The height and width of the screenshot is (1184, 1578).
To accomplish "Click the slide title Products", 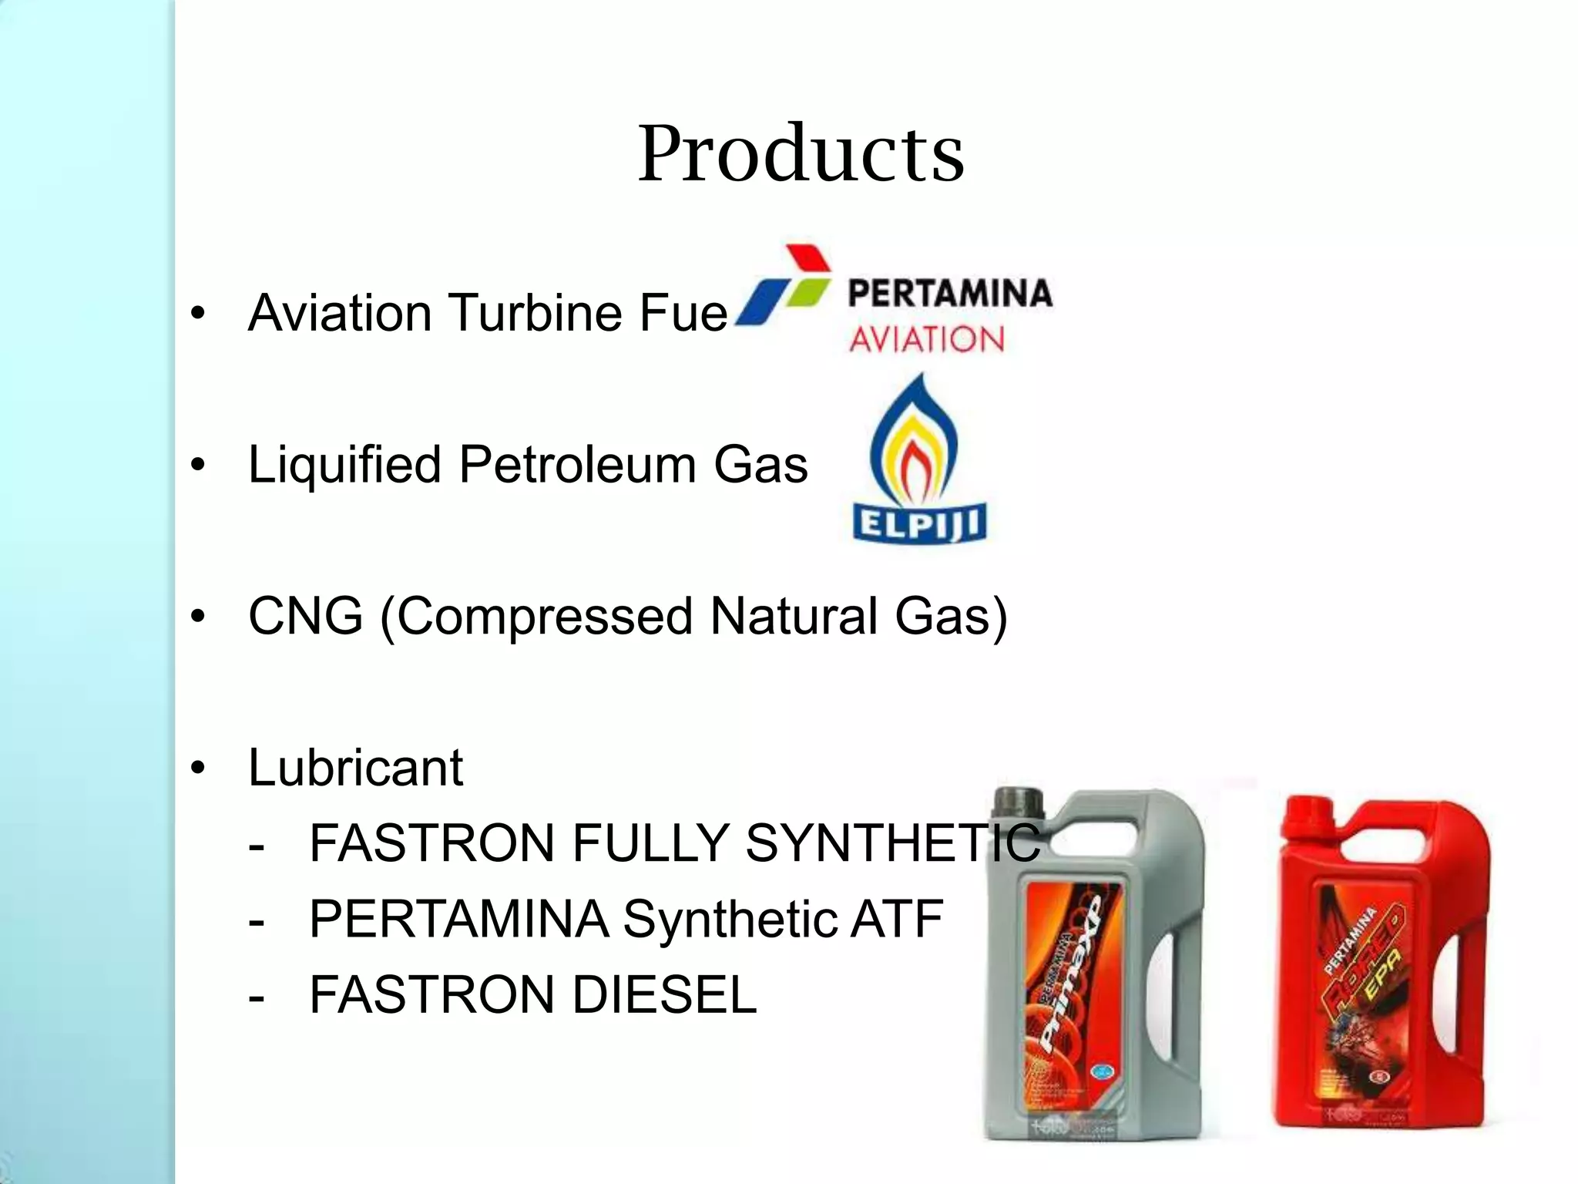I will coord(801,153).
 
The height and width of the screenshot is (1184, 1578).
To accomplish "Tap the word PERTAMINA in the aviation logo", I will coord(949,294).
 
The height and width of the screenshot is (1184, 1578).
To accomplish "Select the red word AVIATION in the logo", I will coord(927,339).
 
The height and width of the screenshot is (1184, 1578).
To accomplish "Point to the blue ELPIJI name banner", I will coord(919,523).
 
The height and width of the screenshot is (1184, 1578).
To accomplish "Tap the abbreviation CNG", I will coord(305,617).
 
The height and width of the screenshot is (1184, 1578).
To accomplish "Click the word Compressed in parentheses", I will coord(546,617).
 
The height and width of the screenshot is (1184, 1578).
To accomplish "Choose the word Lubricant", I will coord(355,768).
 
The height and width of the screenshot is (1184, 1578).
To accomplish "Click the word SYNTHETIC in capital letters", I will coord(892,843).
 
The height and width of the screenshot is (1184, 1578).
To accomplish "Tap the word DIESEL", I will coord(664,994).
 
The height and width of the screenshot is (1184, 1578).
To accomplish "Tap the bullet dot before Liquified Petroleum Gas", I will coord(199,466).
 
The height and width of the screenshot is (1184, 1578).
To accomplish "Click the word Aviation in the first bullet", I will coord(339,313).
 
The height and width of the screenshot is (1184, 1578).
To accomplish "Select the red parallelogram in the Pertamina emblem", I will coord(807,260).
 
